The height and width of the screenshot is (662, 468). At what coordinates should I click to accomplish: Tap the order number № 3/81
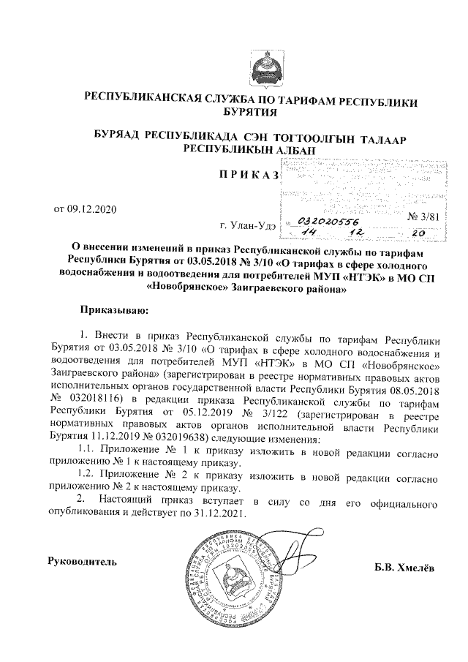click(x=423, y=216)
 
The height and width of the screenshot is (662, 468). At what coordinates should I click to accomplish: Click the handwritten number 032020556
click(x=326, y=220)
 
